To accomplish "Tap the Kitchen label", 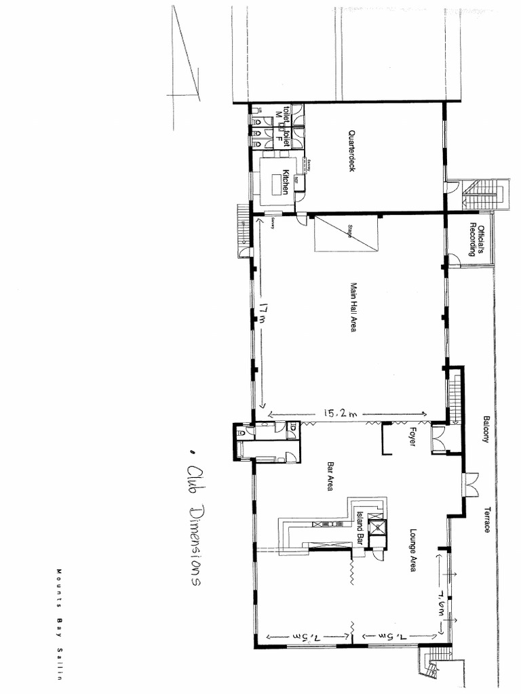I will point(287,182).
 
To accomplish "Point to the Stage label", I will point(351,229).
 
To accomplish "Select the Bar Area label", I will point(331,476).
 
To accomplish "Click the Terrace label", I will point(487,519).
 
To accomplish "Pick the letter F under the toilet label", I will point(278,138).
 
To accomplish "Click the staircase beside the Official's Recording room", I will point(484,195).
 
